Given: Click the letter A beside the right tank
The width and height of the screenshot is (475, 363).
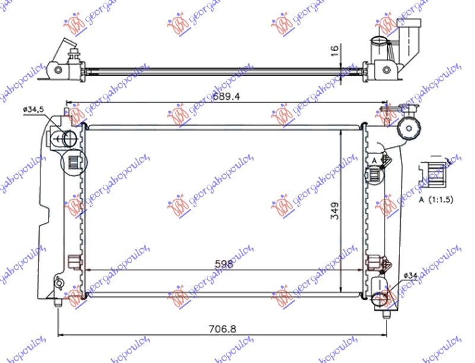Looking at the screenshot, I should pos(375,160).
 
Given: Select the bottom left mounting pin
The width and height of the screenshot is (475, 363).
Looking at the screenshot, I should pos(58,302).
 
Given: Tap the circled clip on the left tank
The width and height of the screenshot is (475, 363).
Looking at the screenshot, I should pos(74,162).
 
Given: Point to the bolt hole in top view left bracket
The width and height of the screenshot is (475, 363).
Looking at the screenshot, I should pos(58,70).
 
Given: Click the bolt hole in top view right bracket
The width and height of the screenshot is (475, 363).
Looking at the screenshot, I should pos(387,70).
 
